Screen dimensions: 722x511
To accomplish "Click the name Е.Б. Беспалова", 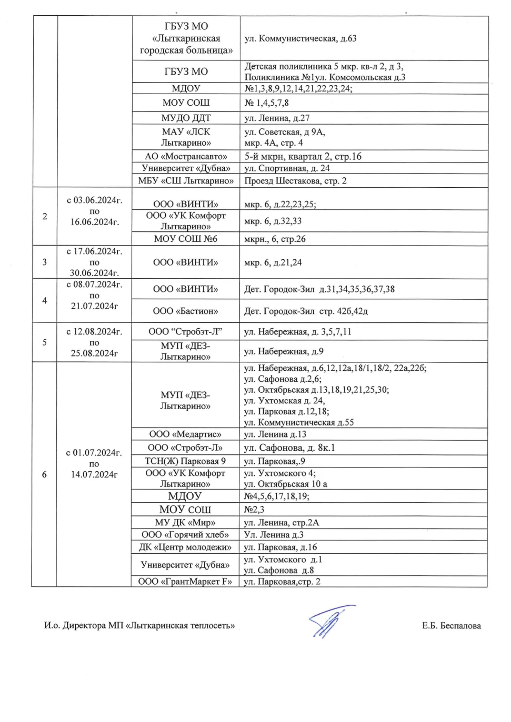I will [451, 626].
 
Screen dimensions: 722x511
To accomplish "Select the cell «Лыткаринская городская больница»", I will [186, 38].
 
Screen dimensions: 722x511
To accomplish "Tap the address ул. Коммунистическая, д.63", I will [300, 39].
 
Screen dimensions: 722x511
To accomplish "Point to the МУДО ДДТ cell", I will [186, 118].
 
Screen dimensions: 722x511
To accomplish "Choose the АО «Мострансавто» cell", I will [186, 156].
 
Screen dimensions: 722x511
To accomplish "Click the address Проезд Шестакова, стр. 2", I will [295, 181].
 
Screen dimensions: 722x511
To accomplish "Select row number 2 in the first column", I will [45, 217].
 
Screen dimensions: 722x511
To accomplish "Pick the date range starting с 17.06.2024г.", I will [94, 262].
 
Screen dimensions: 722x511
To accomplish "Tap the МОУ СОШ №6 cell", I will [186, 239].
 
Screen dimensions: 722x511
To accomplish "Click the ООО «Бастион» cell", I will [186, 311].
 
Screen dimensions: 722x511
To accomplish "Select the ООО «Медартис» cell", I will [185, 434].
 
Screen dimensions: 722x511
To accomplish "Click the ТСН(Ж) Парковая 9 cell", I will [185, 461].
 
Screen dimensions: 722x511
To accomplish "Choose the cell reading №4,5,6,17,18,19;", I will [276, 496].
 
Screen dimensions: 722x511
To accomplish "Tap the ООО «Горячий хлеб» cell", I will [185, 535].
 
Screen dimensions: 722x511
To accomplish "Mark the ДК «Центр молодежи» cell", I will [185, 547].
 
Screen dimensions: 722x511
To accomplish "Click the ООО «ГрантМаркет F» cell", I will [185, 582].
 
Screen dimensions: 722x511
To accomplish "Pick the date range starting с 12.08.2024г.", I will [94, 342].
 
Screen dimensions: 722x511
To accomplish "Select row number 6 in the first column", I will [44, 475].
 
